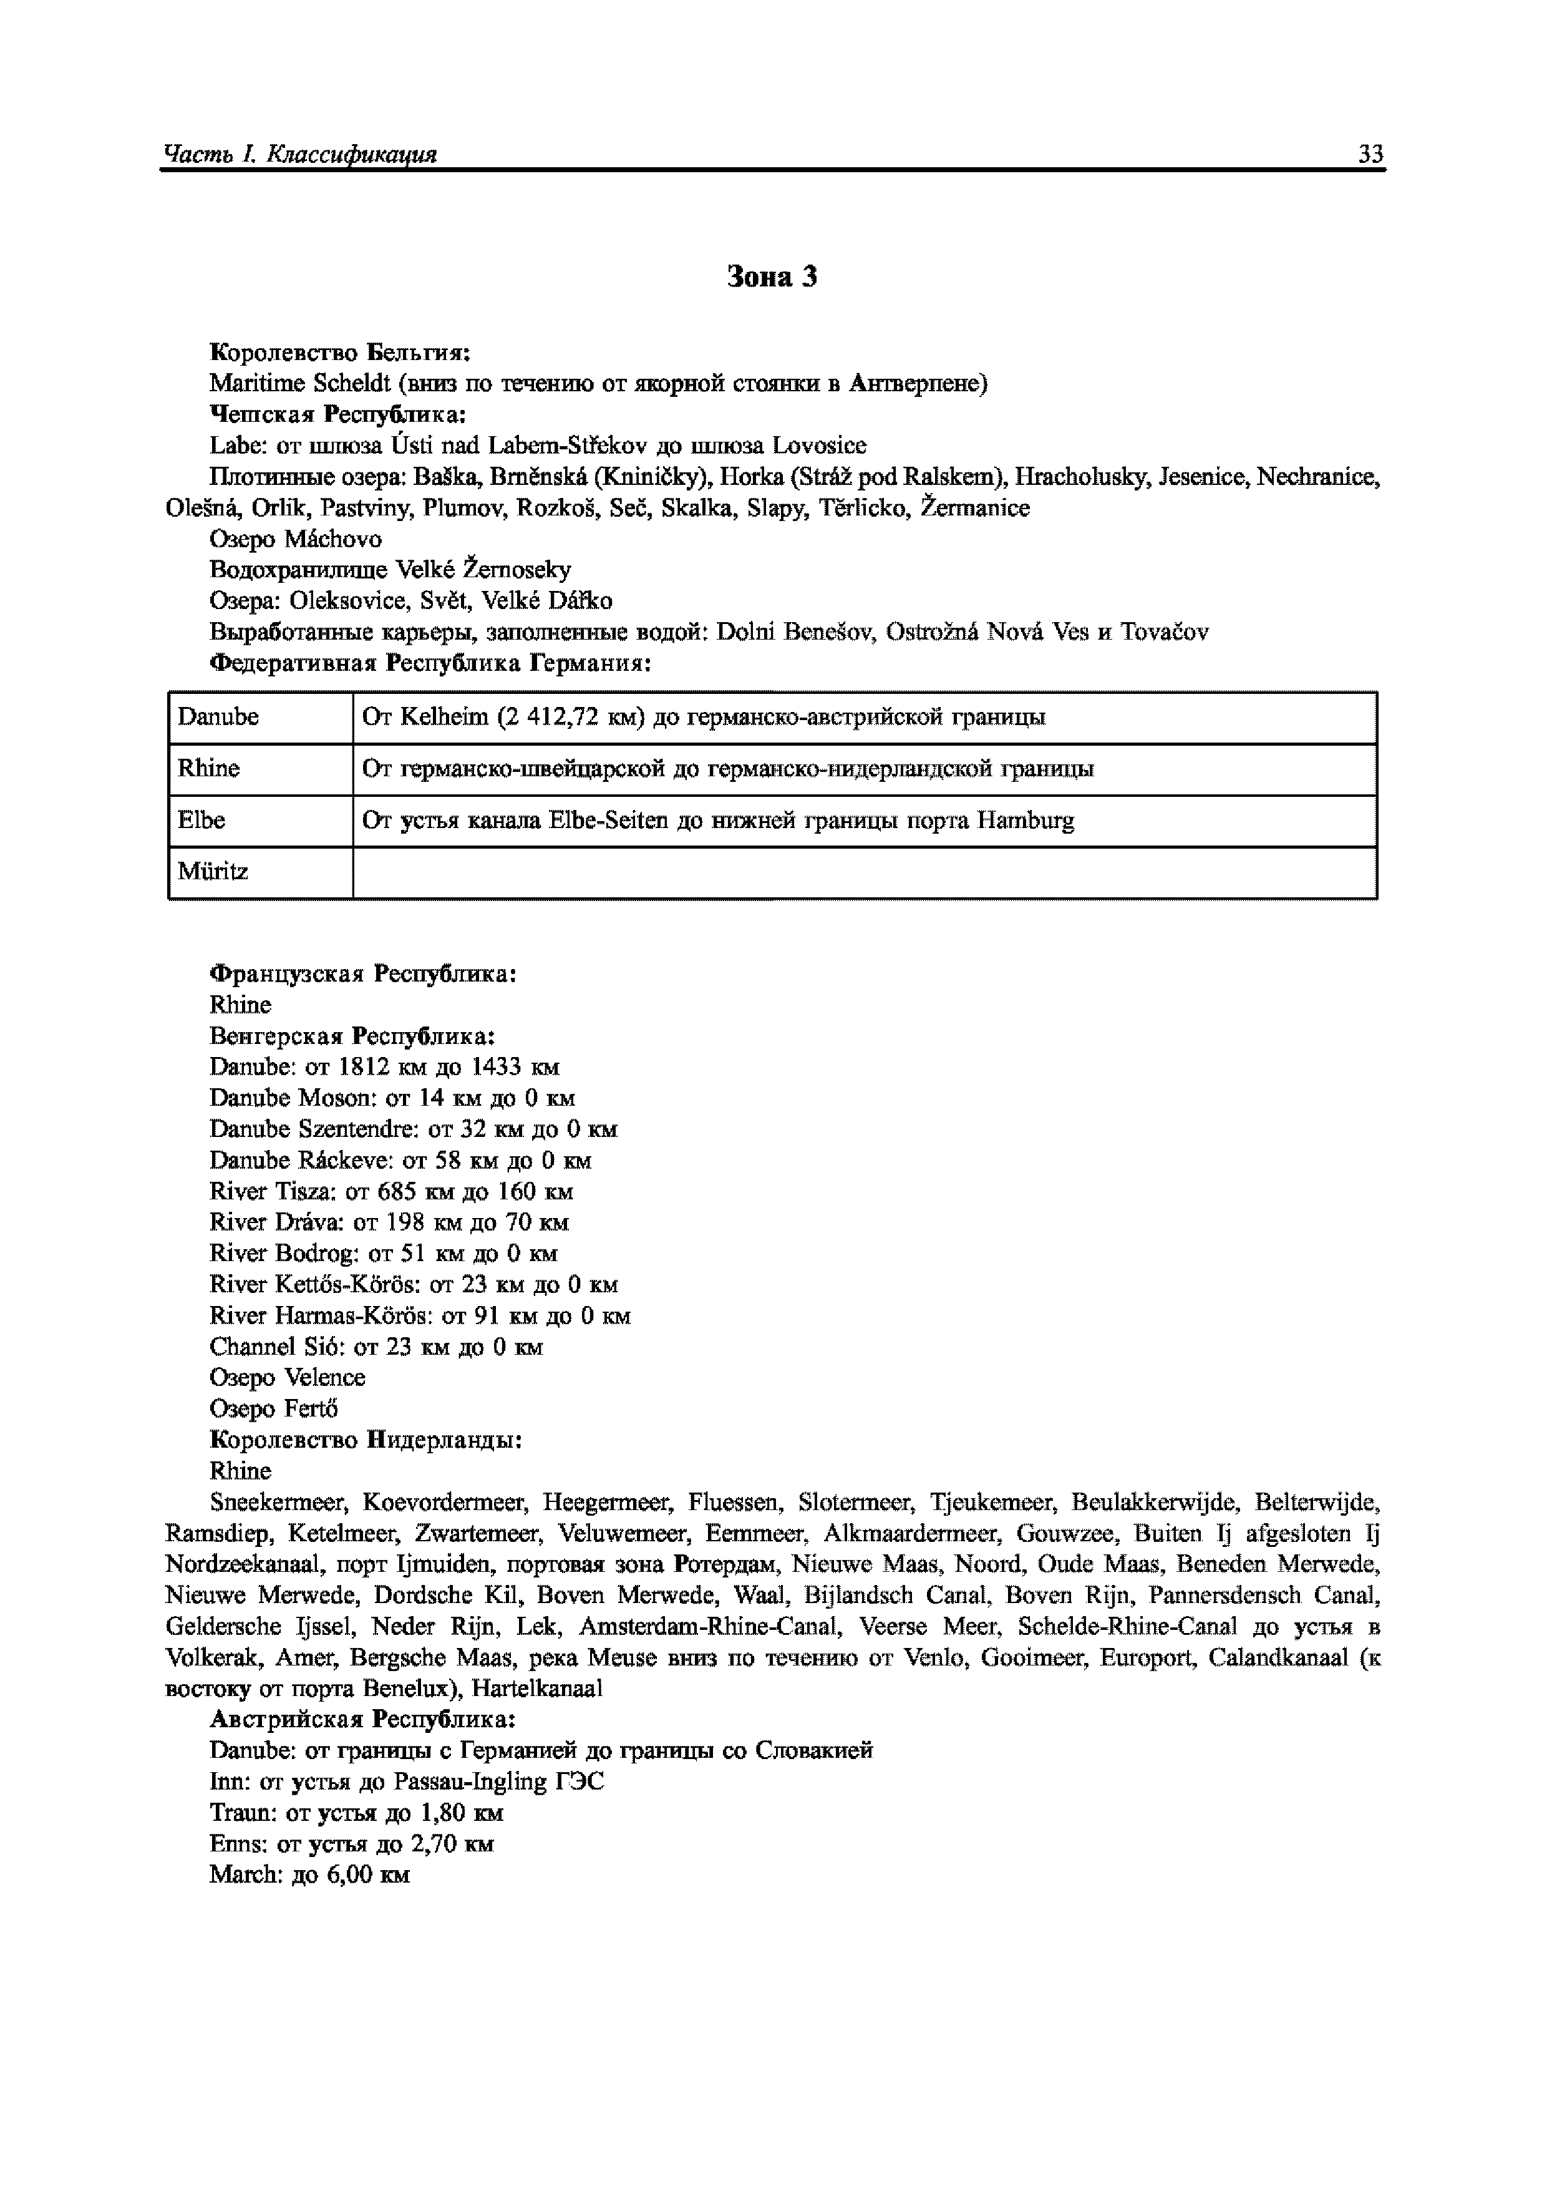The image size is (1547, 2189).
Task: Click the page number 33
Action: point(1370,155)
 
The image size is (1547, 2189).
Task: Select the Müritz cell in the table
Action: point(213,871)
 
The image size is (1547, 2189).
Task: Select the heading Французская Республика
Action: point(363,973)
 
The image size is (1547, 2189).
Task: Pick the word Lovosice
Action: point(819,446)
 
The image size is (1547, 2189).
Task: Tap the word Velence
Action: point(325,1378)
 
